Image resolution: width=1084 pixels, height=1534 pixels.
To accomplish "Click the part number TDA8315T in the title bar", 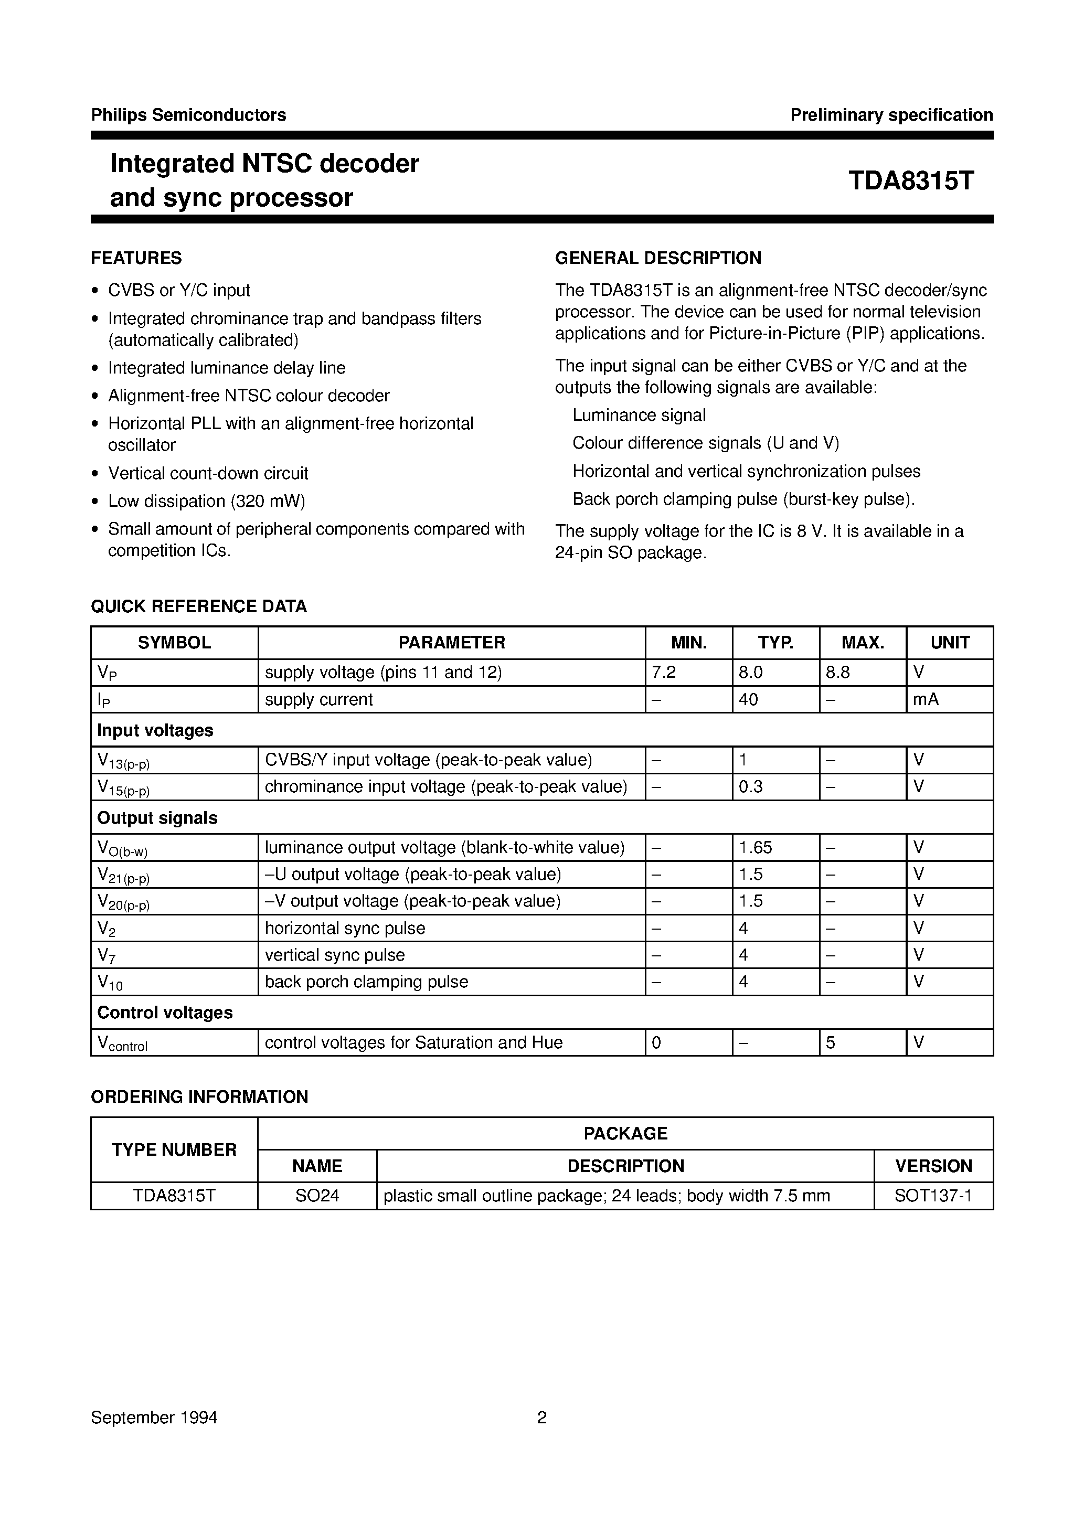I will tap(910, 181).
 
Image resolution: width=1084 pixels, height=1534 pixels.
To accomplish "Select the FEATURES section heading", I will tap(136, 258).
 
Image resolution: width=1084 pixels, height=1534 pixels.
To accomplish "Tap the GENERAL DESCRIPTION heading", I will tap(657, 258).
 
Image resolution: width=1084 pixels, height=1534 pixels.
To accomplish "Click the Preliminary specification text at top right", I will tap(891, 115).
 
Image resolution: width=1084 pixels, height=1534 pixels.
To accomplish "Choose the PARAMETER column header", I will tap(451, 643).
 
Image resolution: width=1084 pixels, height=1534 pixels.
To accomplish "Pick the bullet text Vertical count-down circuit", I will tap(208, 473).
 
